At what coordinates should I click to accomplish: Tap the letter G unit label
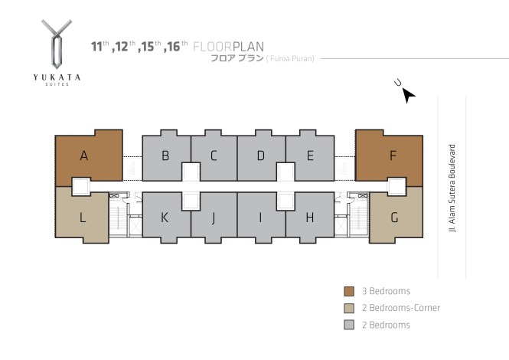(394, 218)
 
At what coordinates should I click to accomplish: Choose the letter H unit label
(310, 218)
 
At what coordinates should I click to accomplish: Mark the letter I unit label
(260, 218)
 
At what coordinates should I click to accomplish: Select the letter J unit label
(214, 218)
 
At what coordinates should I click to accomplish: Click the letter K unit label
(165, 218)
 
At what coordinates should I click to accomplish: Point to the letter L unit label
(83, 218)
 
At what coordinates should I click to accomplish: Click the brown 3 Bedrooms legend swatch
(348, 291)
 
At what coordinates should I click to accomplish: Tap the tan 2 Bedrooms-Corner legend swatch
(348, 308)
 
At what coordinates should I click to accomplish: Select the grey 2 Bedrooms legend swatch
(348, 325)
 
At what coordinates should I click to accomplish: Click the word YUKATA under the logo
(58, 77)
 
